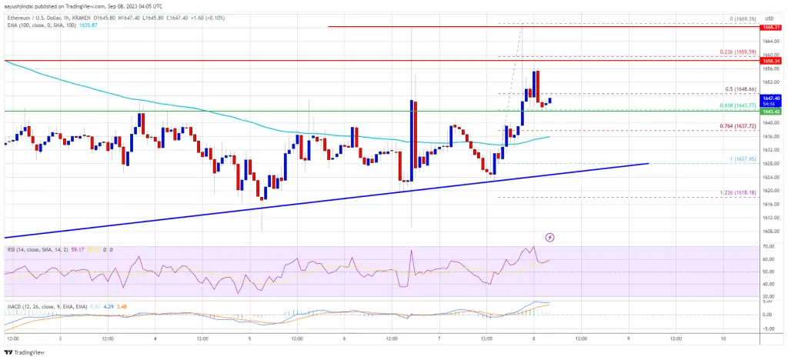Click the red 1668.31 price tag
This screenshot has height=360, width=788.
772,27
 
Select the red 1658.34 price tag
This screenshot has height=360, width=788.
772,61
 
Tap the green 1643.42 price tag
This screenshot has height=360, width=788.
772,112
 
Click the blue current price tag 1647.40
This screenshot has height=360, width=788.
772,98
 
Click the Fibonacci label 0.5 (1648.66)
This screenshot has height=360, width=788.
736,88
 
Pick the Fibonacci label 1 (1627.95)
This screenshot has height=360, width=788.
736,158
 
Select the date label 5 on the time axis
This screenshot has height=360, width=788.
250,338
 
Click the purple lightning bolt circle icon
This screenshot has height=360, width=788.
549,237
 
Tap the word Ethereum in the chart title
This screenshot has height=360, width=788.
19,15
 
